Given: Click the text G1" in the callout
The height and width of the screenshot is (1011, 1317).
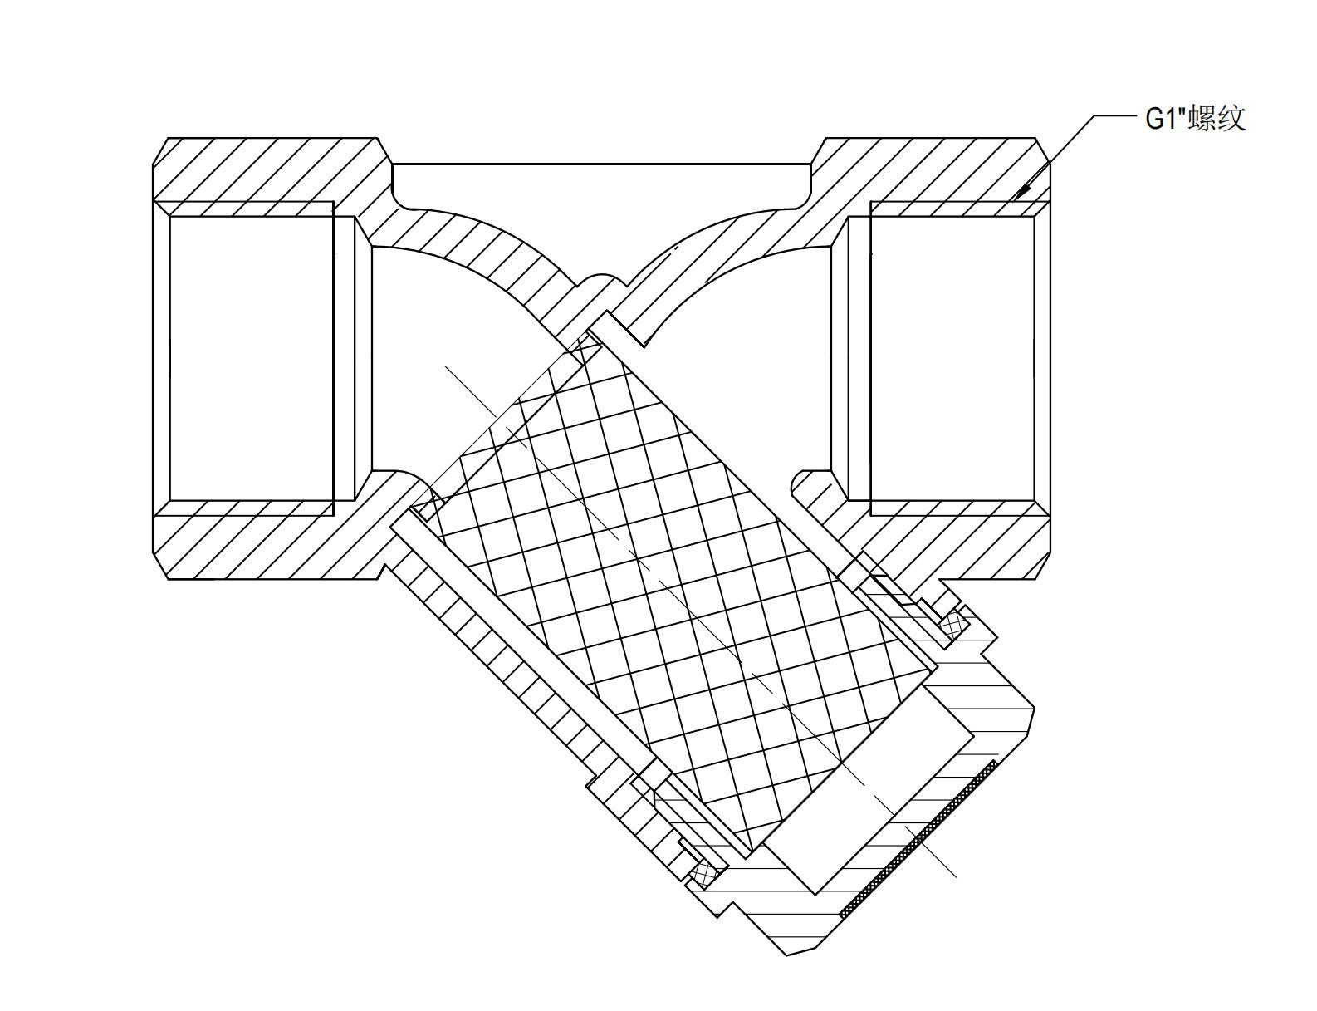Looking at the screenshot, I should coord(1166,119).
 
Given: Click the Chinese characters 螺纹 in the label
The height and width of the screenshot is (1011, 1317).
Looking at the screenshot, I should coord(1217,118).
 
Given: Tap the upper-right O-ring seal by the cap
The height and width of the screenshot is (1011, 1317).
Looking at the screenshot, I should coord(955,622).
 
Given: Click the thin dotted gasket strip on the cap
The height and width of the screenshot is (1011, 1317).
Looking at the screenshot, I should coord(918,839).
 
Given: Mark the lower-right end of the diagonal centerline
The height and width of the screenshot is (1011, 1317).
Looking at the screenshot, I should coord(955,876).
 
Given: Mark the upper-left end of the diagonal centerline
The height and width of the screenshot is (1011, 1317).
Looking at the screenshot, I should coord(447,366).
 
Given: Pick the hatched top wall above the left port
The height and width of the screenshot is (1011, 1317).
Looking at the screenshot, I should coord(266,170).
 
